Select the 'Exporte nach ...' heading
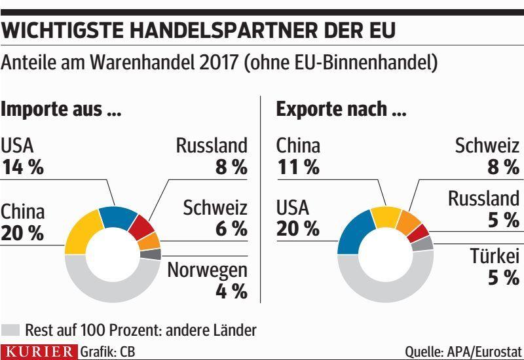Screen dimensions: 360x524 [x=341, y=109]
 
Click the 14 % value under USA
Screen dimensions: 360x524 [x=23, y=168]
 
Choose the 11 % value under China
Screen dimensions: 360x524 [x=298, y=168]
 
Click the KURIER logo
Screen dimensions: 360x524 [x=39, y=351]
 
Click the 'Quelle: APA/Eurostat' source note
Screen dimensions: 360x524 [x=463, y=352]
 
